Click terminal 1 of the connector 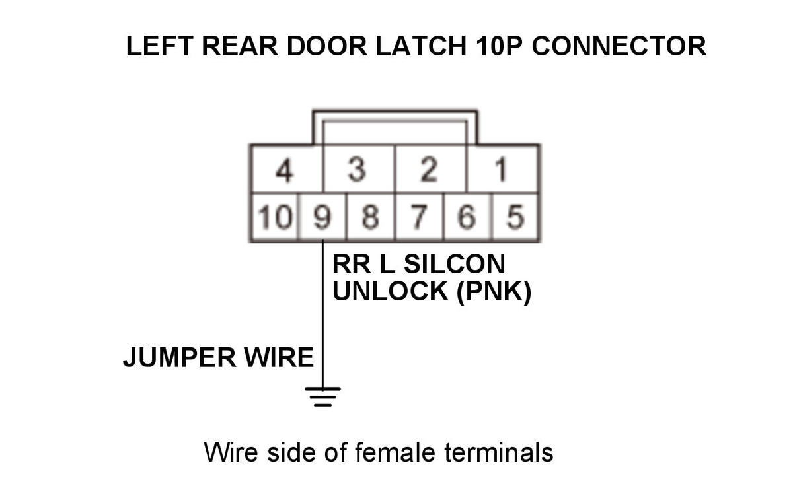point(502,170)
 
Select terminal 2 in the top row point(430,170)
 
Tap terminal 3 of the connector point(358,170)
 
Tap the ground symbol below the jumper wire point(322,395)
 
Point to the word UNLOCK point(391,291)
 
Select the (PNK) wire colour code point(494,291)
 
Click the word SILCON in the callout point(454,264)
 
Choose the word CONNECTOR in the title point(619,47)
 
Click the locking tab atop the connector point(395,125)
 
